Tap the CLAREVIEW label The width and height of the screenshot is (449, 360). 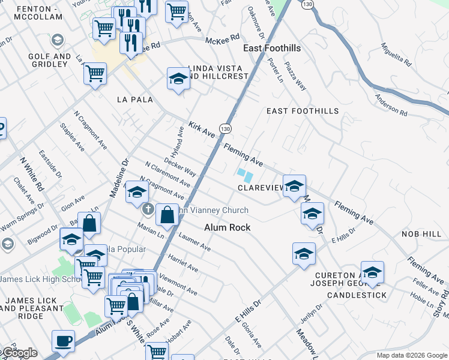tap(261, 188)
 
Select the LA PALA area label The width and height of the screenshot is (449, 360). tap(135, 99)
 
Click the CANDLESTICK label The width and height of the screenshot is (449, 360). tap(354, 295)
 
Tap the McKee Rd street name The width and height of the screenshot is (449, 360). tap(222, 40)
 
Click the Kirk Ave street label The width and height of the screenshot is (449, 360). tap(201, 128)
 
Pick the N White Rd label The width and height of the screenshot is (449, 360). tap(32, 175)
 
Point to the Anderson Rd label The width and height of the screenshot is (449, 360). tap(391, 105)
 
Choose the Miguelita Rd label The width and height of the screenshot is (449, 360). tap(396, 54)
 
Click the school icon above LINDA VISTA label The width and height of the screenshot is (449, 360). tap(178, 79)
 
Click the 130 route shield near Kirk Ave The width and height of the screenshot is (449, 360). tap(225, 129)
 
